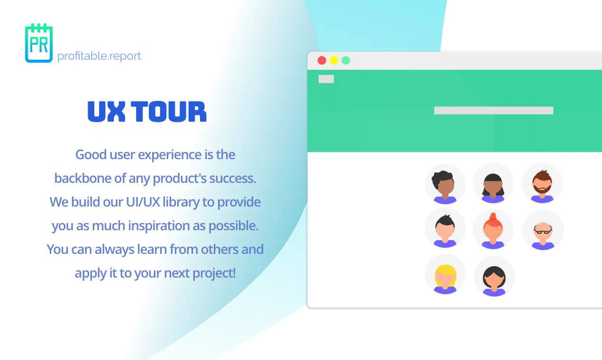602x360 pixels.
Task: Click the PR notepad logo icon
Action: [39, 43]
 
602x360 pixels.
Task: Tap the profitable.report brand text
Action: [99, 56]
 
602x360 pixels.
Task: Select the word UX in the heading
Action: [107, 111]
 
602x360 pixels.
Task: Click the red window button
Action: [322, 61]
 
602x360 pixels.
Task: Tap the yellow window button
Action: [334, 61]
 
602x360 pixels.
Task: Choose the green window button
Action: [346, 61]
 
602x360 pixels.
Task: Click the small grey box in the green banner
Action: [326, 79]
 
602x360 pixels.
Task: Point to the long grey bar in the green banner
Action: [494, 110]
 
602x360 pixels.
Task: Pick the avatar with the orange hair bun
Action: [493, 230]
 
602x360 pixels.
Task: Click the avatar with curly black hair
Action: [445, 184]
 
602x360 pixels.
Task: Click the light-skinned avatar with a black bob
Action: [494, 277]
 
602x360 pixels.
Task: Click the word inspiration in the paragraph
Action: [159, 226]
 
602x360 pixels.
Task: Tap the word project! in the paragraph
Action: [214, 273]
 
